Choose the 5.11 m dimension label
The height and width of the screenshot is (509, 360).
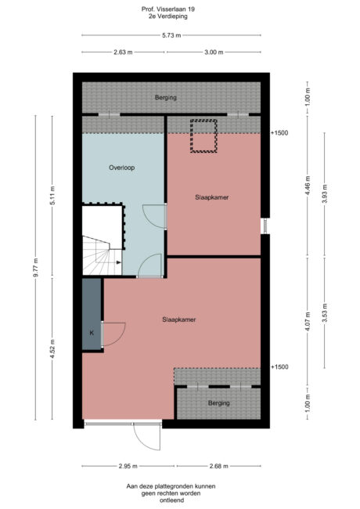pyautogui.click(x=52, y=196)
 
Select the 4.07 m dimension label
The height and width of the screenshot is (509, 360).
pyautogui.click(x=308, y=320)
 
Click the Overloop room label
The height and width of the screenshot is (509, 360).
pyautogui.click(x=122, y=168)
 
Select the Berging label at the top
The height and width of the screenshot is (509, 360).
pyautogui.click(x=165, y=98)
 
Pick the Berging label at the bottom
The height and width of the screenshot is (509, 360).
pyautogui.click(x=219, y=403)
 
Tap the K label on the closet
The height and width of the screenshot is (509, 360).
pyautogui.click(x=92, y=333)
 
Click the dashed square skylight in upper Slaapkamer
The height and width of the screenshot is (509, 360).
pyautogui.click(x=203, y=135)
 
